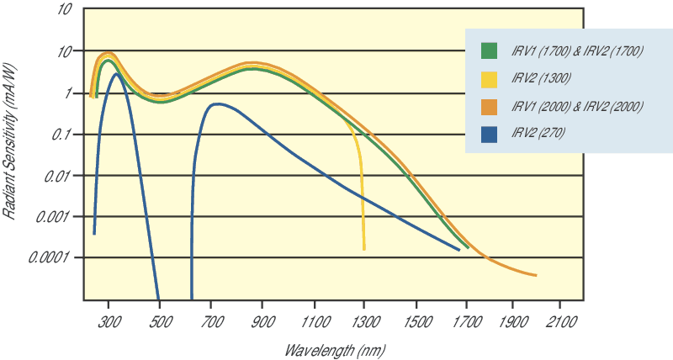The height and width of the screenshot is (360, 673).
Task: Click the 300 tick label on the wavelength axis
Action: click(x=109, y=322)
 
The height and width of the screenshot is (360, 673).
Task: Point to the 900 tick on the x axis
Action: click(x=263, y=322)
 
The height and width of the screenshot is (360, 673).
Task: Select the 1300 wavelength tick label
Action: click(x=365, y=322)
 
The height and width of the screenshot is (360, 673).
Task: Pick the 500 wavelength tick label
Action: click(x=160, y=322)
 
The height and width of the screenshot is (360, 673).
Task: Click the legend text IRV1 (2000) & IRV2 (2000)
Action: click(x=577, y=105)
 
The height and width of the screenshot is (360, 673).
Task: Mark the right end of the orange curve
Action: click(x=536, y=275)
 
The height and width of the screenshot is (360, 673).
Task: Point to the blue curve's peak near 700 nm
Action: click(x=217, y=104)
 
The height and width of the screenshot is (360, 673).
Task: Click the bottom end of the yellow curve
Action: click(x=364, y=249)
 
